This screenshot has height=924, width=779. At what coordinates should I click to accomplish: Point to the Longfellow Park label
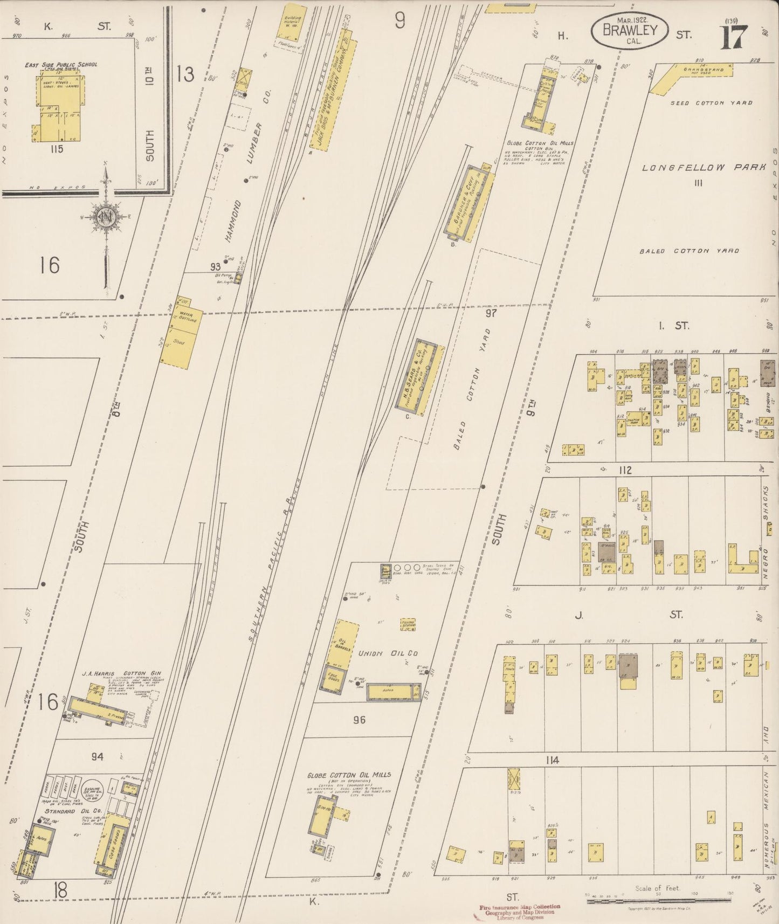704,168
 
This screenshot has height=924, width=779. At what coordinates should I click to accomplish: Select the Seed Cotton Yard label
712,102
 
